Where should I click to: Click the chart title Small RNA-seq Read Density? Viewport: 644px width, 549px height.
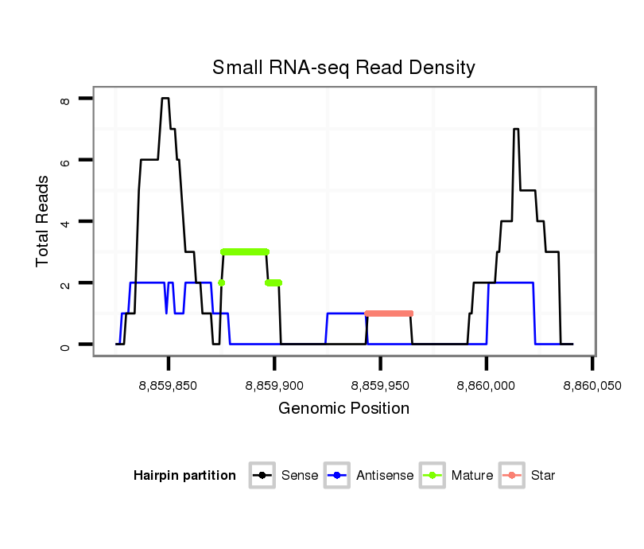point(343,68)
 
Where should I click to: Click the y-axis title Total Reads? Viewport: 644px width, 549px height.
point(44,220)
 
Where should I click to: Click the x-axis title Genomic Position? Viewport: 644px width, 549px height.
point(343,409)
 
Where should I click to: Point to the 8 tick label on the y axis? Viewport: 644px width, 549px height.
point(65,99)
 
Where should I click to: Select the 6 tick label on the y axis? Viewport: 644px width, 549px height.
point(65,160)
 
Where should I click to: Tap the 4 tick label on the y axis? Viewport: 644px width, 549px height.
point(65,221)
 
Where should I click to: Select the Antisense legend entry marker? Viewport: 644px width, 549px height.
point(337,476)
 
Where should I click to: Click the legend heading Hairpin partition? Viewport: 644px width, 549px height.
point(184,476)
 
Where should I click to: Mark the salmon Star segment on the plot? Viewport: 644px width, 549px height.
point(389,313)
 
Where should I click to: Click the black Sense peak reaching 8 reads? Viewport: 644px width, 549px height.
point(165,99)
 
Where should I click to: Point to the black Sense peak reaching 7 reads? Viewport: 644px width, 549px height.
point(516,129)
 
